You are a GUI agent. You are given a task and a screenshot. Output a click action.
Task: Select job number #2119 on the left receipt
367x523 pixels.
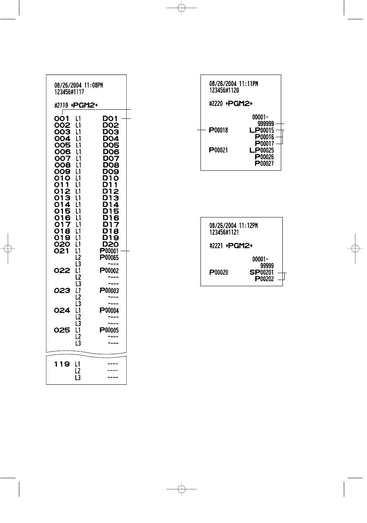pyautogui.click(x=61, y=105)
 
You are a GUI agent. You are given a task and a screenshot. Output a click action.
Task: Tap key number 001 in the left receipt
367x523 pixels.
pyautogui.click(x=62, y=119)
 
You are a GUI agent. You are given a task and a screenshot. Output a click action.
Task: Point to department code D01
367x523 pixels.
pyautogui.click(x=110, y=119)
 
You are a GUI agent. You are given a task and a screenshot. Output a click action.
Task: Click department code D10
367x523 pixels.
pyautogui.click(x=110, y=178)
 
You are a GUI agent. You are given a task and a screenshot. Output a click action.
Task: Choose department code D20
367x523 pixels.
pyautogui.click(x=110, y=244)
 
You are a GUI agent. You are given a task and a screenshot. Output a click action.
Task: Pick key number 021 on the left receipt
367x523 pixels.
pyautogui.click(x=62, y=251)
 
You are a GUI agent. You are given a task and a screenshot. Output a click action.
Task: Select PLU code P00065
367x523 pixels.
pyautogui.click(x=109, y=258)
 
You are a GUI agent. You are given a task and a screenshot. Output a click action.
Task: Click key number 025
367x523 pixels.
pyautogui.click(x=62, y=330)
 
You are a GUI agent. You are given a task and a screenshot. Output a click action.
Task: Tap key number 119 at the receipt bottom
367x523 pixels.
pyautogui.click(x=62, y=364)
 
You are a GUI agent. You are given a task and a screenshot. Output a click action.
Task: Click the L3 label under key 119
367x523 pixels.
pyautogui.click(x=78, y=377)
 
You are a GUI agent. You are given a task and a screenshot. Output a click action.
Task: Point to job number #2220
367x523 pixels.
pyautogui.click(x=216, y=104)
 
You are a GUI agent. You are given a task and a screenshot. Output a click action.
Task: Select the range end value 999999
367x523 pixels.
pyautogui.click(x=266, y=124)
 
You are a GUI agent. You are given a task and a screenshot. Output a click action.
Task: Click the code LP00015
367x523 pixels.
pyautogui.click(x=262, y=130)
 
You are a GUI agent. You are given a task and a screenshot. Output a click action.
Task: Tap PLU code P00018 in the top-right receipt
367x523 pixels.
pyautogui.click(x=219, y=130)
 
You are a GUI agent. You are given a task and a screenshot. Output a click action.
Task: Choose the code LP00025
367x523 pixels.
pyautogui.click(x=262, y=150)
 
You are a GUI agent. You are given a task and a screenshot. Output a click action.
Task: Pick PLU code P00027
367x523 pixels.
pyautogui.click(x=264, y=163)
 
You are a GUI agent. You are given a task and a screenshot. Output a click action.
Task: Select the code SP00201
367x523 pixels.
pyautogui.click(x=262, y=272)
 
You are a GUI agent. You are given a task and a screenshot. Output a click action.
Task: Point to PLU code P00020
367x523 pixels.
pyautogui.click(x=219, y=272)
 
